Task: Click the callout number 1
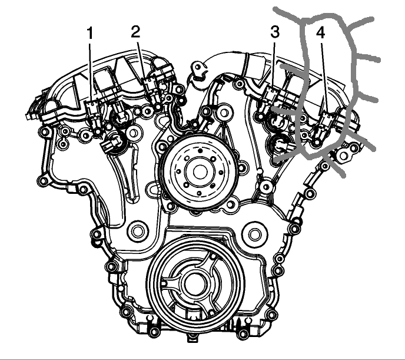pyautogui.click(x=90, y=34)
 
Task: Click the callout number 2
pyautogui.click(x=135, y=32)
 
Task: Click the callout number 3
pyautogui.click(x=275, y=32)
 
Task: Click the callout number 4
pyautogui.click(x=321, y=33)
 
